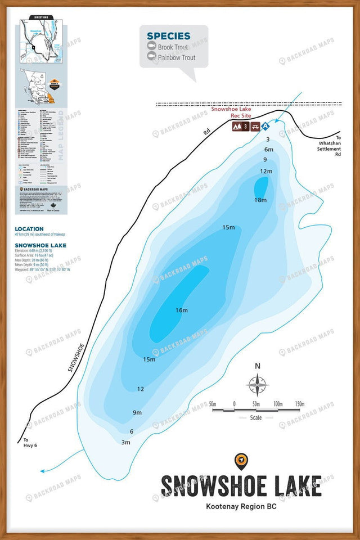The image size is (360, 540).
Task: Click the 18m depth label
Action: [260, 200]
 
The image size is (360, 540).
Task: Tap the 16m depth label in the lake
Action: [181, 310]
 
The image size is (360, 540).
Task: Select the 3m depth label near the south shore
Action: [125, 443]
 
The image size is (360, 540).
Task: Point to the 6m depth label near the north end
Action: [268, 150]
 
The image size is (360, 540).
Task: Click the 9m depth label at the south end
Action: [137, 413]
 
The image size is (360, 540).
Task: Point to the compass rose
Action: [258, 386]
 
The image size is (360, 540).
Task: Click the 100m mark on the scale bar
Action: [278, 404]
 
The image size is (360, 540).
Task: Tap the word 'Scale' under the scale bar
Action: [256, 418]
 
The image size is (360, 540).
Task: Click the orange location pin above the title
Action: [241, 461]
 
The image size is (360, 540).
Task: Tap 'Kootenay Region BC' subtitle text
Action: [241, 506]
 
